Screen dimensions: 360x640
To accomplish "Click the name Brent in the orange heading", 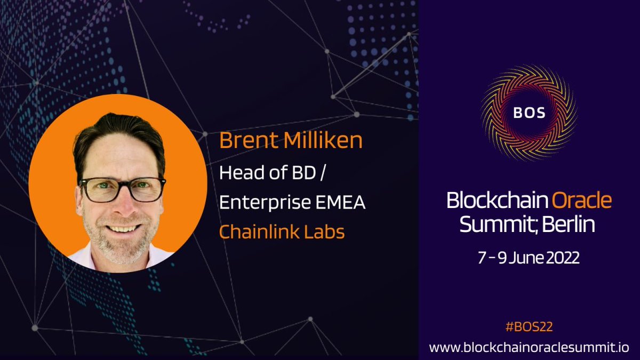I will point(243,141).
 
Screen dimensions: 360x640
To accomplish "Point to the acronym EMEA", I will point(343,203).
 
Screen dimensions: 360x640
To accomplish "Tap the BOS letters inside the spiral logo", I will point(529,113).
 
